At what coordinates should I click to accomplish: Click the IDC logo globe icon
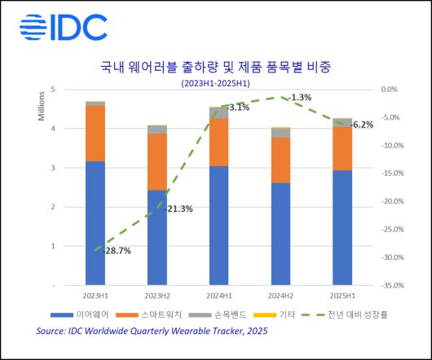[x=33, y=28]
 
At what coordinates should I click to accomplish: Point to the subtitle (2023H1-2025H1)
[x=215, y=83]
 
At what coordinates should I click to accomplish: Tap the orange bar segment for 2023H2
[x=156, y=161]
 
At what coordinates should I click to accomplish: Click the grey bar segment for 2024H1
[x=218, y=112]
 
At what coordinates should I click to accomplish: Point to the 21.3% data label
[x=179, y=209]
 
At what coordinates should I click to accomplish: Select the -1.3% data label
[x=300, y=98]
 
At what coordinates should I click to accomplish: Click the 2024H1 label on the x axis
[x=218, y=297]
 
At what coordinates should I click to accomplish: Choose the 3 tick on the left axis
[x=53, y=168]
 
